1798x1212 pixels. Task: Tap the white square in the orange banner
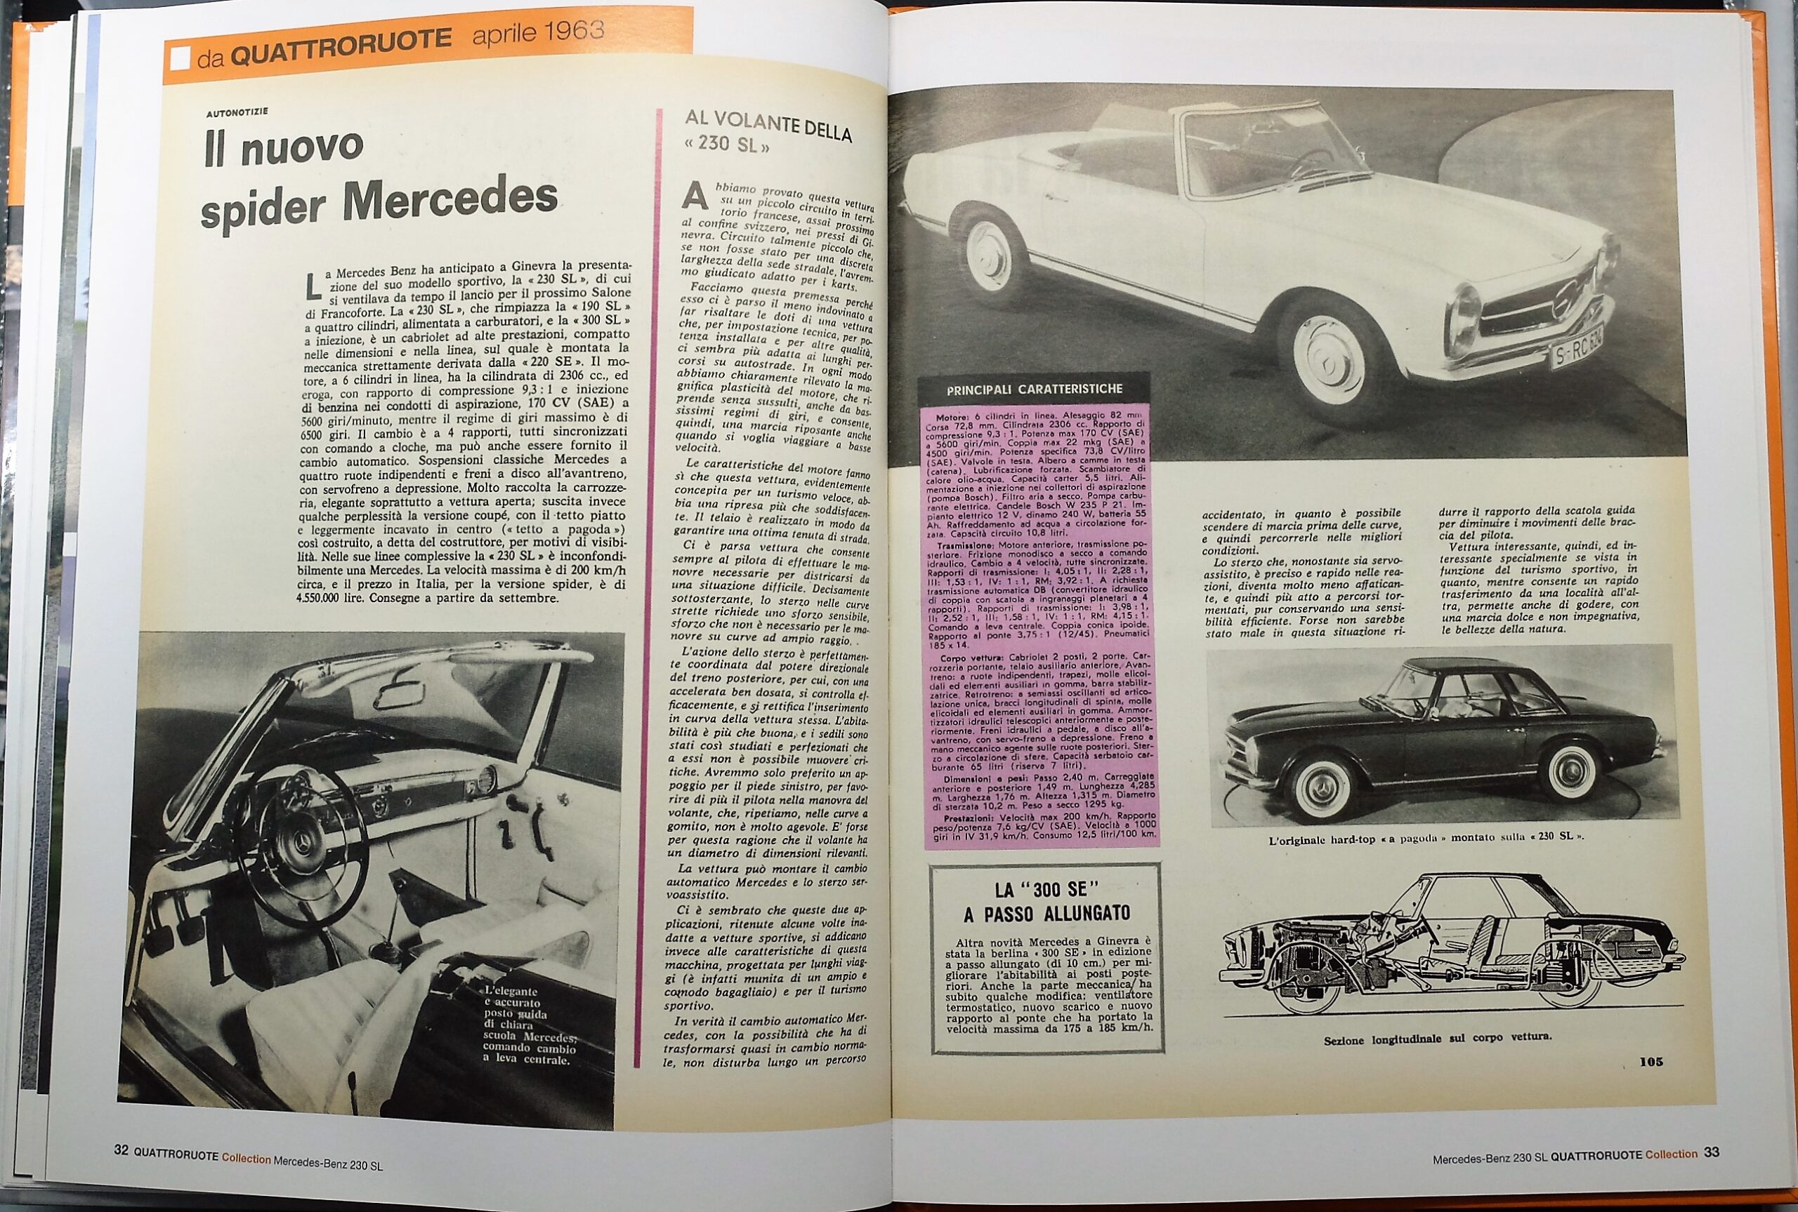[x=179, y=60]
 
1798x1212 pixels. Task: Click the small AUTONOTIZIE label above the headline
[x=237, y=113]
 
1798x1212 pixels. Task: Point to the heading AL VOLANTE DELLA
[x=767, y=125]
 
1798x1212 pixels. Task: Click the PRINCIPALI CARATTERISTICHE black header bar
[x=1034, y=389]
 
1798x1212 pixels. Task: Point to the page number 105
[x=1651, y=1062]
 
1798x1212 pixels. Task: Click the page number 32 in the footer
[x=121, y=1150]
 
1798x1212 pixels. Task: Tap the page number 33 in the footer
[x=1712, y=1152]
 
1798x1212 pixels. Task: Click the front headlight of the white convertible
[x=1463, y=316]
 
